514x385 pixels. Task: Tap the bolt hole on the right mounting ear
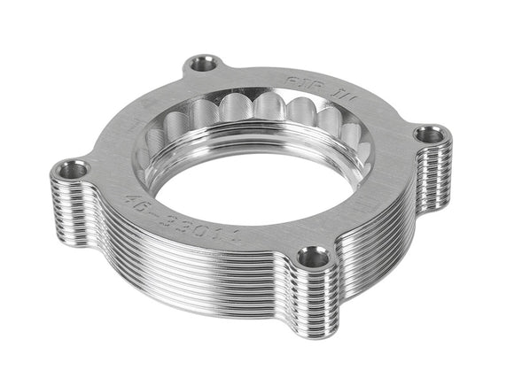tap(432, 135)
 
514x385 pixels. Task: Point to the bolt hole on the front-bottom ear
tap(312, 257)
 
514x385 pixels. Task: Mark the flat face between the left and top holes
tap(133, 115)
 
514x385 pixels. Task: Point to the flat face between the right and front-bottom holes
tap(372, 204)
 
